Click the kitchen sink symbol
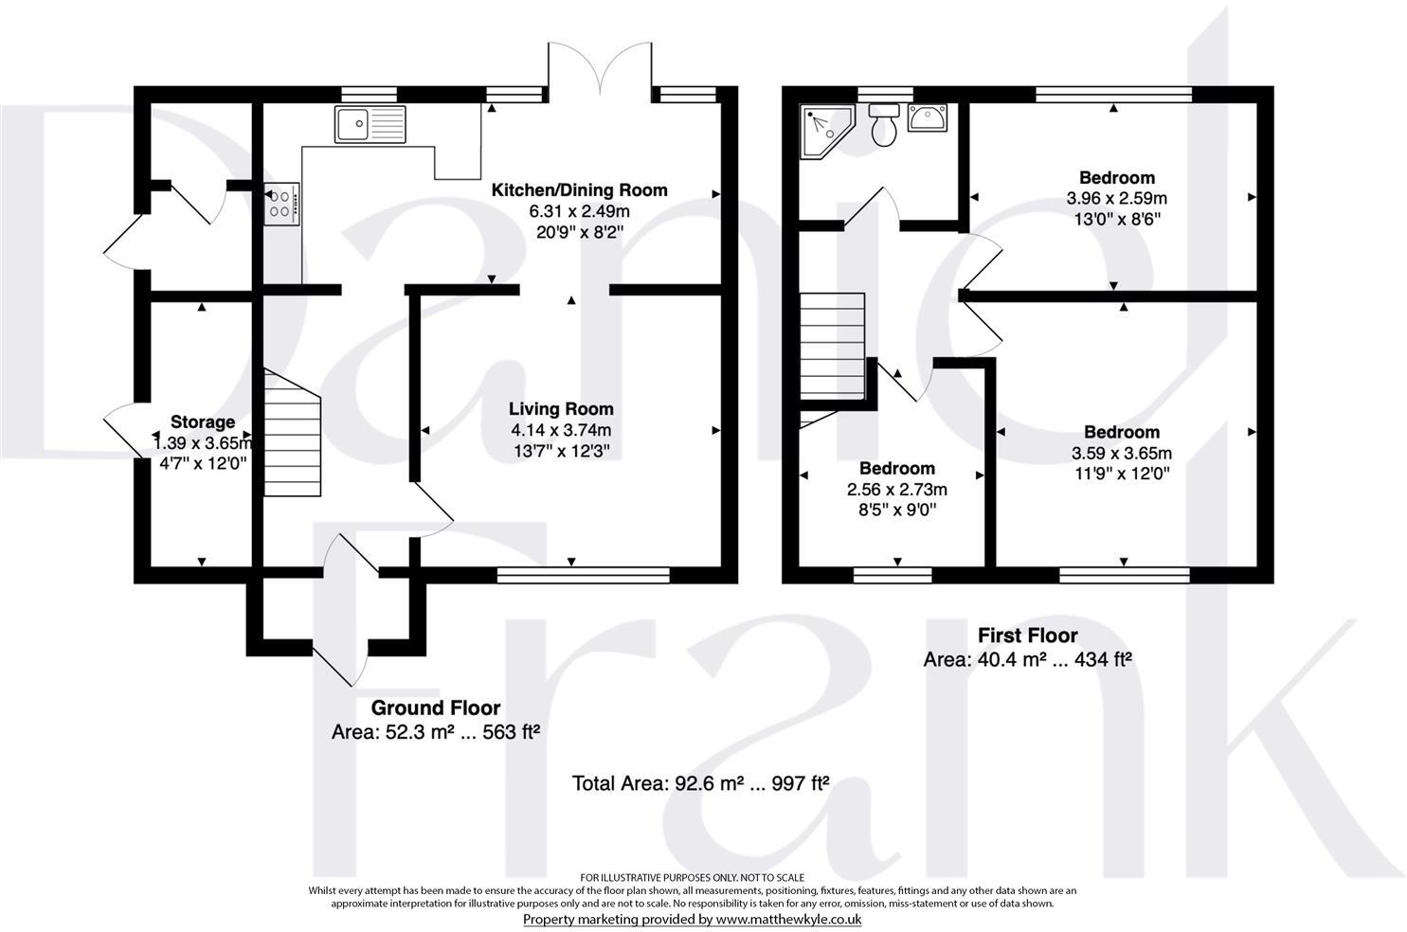(x=370, y=124)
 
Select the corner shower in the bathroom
(x=825, y=132)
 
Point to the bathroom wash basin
(x=926, y=118)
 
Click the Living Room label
(x=561, y=409)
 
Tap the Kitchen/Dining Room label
(x=578, y=190)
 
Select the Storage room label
(x=202, y=421)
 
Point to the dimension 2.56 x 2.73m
(x=896, y=490)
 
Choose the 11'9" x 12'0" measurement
(x=1121, y=474)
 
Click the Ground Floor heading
(x=435, y=708)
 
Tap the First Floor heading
(x=1027, y=635)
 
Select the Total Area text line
(x=700, y=783)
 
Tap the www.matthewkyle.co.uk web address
(x=787, y=919)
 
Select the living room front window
(x=583, y=573)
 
